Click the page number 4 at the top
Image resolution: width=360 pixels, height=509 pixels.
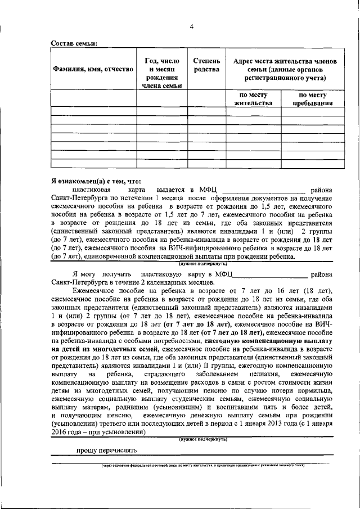click(x=191, y=26)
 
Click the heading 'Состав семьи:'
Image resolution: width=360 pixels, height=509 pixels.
click(x=74, y=43)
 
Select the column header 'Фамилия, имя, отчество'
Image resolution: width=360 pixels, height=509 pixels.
click(x=93, y=69)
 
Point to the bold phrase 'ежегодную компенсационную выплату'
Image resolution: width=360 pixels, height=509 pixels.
click(x=268, y=341)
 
